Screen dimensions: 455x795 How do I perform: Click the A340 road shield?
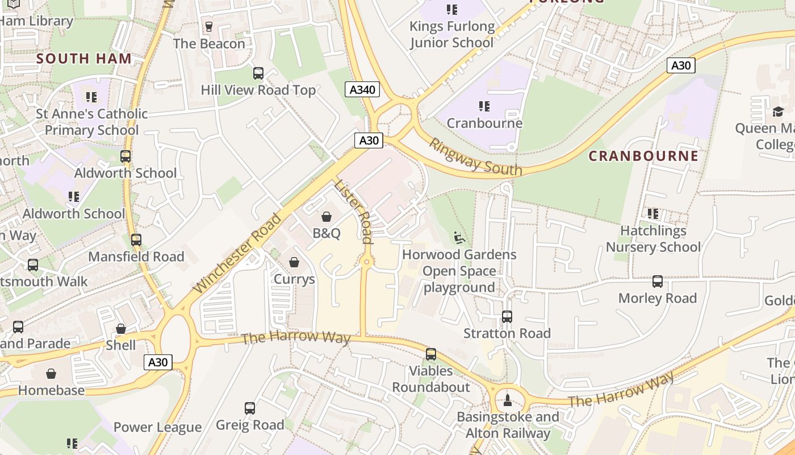click(x=362, y=89)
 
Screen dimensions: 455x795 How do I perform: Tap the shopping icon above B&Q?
click(x=327, y=217)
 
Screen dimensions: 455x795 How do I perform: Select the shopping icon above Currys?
click(x=294, y=262)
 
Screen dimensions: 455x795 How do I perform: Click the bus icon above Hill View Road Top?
click(x=258, y=73)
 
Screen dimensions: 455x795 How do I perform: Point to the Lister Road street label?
click(x=352, y=211)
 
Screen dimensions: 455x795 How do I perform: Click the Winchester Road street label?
click(x=237, y=253)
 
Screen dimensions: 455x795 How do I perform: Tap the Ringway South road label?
click(x=475, y=157)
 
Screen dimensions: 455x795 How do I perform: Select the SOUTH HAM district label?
click(x=84, y=59)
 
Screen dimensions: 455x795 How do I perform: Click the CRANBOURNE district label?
click(x=643, y=156)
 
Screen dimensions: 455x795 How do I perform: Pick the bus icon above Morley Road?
click(x=657, y=282)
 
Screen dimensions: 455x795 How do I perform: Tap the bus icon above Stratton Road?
click(x=507, y=317)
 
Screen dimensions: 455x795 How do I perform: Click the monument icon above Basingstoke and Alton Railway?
click(x=508, y=400)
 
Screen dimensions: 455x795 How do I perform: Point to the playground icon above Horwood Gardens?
click(x=459, y=237)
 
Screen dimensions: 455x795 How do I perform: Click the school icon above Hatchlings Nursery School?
click(x=653, y=214)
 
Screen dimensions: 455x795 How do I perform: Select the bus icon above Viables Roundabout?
click(x=431, y=354)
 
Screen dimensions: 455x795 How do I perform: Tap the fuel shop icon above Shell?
click(x=121, y=329)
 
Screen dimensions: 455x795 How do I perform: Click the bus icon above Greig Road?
click(x=250, y=408)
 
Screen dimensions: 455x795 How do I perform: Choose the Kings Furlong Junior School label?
click(x=452, y=34)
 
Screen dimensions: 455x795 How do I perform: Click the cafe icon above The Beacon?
click(x=208, y=27)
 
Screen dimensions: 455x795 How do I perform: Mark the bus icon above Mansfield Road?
click(x=136, y=240)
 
